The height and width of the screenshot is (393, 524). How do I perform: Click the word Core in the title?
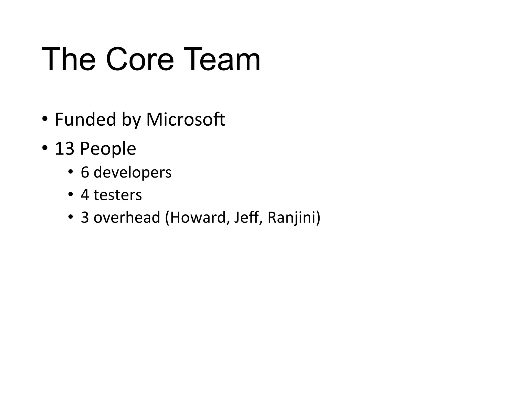tap(140, 59)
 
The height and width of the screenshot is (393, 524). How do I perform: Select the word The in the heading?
tap(69, 59)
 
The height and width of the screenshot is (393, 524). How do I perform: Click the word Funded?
tap(85, 119)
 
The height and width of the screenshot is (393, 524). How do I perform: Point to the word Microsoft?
tap(185, 119)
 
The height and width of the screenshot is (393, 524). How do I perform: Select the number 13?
tap(64, 149)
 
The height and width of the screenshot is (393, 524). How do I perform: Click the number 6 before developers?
tap(85, 172)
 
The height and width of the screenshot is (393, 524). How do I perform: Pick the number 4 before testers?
tap(85, 195)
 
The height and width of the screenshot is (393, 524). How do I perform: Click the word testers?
tap(118, 195)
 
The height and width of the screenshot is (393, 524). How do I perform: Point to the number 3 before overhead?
tap(85, 217)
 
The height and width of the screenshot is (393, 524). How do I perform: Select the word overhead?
tap(127, 217)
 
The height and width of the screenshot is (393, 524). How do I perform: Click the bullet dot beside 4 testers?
tap(71, 194)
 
